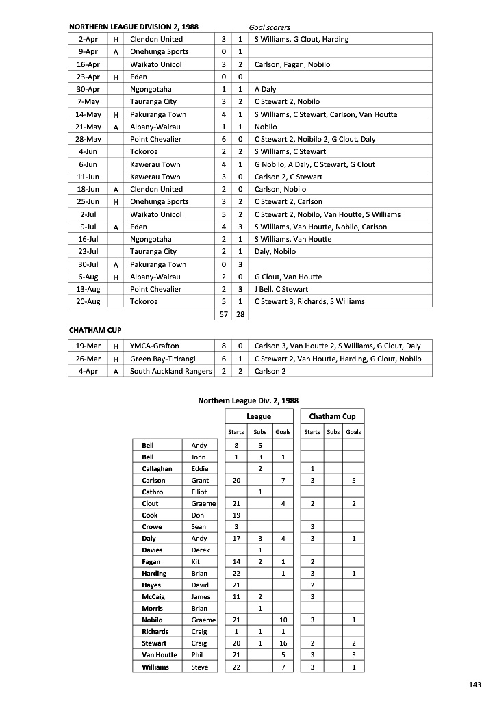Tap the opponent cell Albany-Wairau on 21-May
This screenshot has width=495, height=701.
click(155, 127)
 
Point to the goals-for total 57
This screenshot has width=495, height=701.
click(223, 314)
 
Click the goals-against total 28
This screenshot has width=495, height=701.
click(240, 314)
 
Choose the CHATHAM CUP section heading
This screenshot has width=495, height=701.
click(95, 330)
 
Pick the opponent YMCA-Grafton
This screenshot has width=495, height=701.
click(155, 346)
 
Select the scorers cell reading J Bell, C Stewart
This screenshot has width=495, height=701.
click(281, 289)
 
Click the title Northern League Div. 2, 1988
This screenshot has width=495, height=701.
click(248, 400)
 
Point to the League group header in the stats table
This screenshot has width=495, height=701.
click(259, 416)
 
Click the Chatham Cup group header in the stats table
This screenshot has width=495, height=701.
click(332, 416)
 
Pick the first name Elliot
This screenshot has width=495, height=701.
click(199, 492)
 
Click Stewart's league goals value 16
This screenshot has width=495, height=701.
click(283, 643)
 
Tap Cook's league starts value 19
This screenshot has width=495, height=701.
click(236, 515)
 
